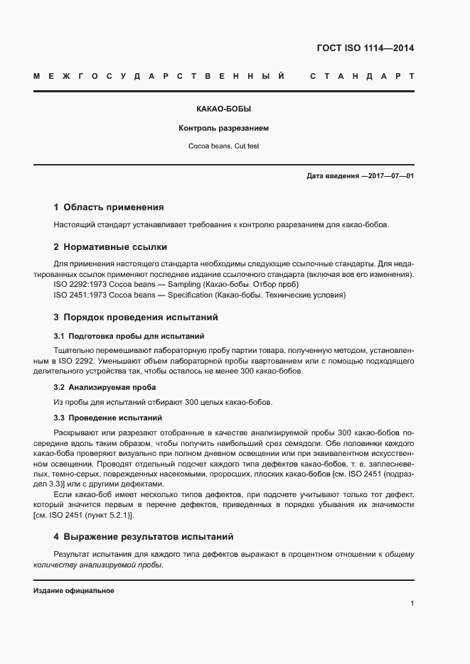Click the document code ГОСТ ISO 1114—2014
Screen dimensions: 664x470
coord(365,49)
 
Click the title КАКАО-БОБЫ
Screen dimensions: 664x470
coord(224,110)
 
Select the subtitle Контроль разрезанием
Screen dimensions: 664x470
coord(224,129)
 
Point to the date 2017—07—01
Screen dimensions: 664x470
coord(390,175)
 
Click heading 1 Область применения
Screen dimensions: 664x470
coord(109,207)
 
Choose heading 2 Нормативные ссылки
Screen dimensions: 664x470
coord(110,247)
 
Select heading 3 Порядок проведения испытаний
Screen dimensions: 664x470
coord(136,317)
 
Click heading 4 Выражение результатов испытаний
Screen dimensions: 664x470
coord(144,536)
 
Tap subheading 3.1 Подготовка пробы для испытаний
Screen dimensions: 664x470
coord(129,335)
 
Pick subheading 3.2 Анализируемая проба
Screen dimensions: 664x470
coord(105,387)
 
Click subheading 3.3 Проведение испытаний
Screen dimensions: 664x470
coord(108,418)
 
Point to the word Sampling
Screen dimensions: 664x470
coord(183,285)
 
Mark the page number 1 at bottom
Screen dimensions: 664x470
coord(412,604)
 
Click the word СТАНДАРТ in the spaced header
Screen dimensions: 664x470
coord(362,76)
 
